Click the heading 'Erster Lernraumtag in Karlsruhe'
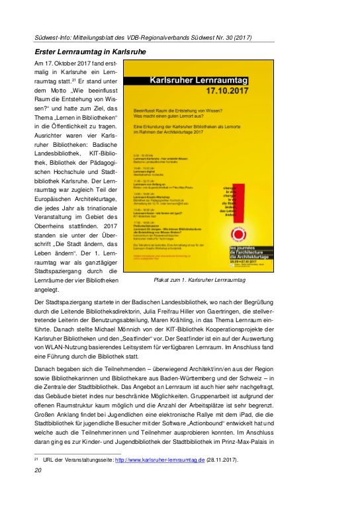point(99,50)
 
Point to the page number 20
point(38,489)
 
